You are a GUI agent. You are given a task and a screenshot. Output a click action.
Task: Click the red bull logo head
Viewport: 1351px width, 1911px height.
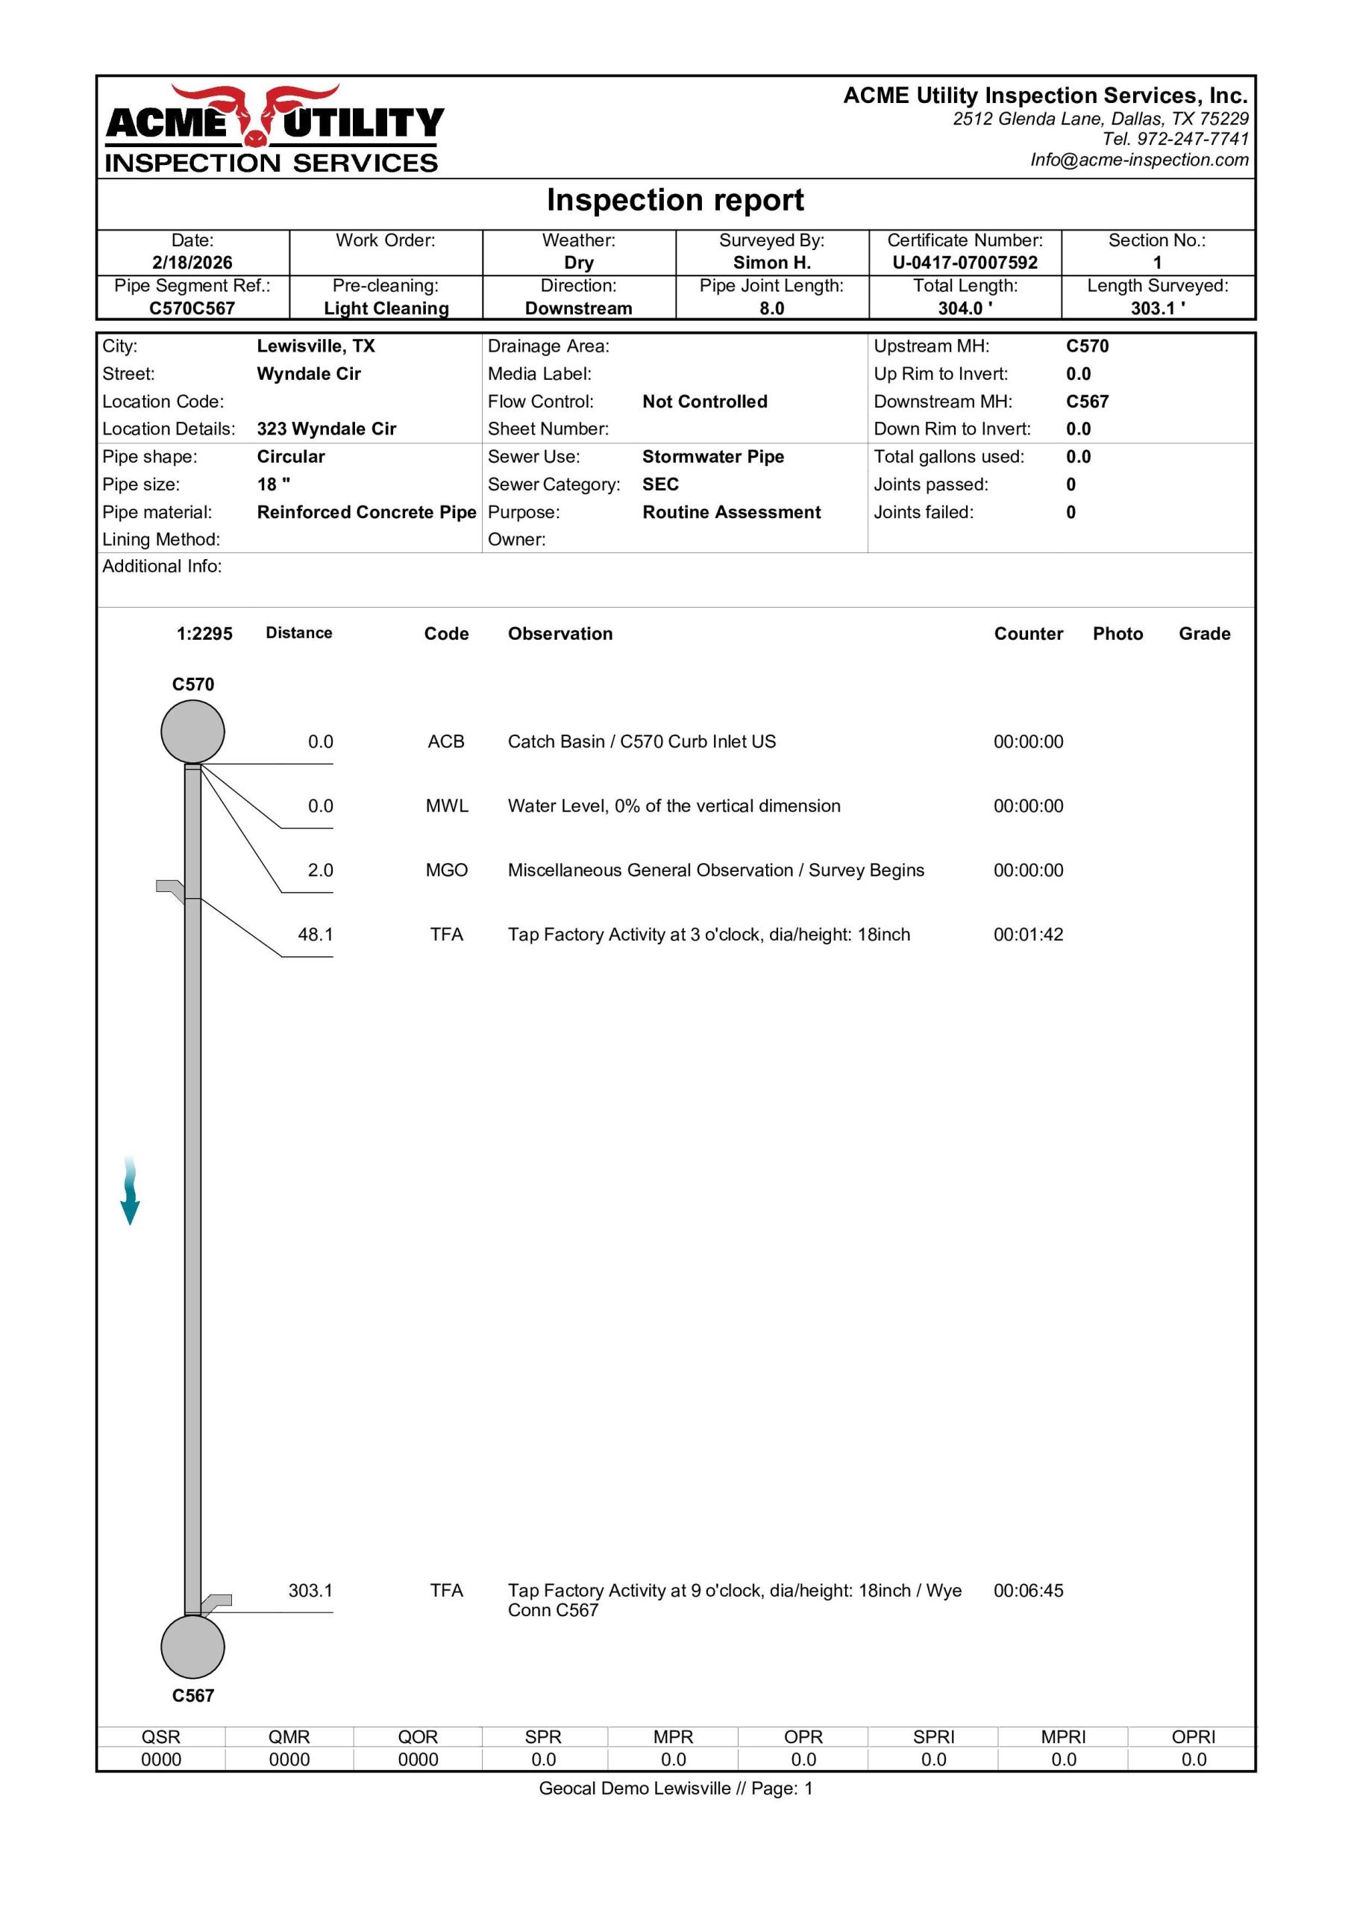click(x=254, y=116)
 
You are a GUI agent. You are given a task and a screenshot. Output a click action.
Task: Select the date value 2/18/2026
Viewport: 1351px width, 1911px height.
click(x=192, y=263)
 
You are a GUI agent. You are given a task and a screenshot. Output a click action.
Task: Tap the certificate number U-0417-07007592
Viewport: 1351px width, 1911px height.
click(x=965, y=263)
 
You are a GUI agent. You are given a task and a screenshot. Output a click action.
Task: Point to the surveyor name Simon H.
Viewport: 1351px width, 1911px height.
click(x=771, y=263)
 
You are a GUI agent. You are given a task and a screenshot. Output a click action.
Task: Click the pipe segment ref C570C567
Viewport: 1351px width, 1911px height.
click(x=192, y=309)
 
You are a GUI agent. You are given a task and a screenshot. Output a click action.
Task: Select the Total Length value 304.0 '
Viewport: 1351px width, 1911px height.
click(x=965, y=309)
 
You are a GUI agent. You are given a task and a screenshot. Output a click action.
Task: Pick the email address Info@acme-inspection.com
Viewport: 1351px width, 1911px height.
click(x=1139, y=160)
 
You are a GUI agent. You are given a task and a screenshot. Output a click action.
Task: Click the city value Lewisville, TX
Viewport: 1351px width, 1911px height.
click(x=316, y=346)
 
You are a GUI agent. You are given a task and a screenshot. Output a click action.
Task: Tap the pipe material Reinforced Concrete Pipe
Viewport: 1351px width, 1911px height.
click(x=366, y=513)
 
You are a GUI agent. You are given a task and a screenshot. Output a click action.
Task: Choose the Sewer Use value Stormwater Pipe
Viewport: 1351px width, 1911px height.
click(x=713, y=457)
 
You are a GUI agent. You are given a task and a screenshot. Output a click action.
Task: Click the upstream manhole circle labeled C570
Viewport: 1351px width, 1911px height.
click(x=192, y=732)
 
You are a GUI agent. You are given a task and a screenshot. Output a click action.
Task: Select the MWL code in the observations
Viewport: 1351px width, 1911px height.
click(x=447, y=806)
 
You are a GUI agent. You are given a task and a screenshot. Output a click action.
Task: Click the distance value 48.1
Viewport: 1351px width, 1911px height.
click(x=316, y=935)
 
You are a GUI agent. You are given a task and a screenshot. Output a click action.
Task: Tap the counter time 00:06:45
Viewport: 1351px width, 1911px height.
click(x=1028, y=1591)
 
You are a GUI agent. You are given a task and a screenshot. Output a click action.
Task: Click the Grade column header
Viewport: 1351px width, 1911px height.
click(x=1204, y=635)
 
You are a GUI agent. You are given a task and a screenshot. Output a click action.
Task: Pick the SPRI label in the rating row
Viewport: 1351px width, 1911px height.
click(x=933, y=1737)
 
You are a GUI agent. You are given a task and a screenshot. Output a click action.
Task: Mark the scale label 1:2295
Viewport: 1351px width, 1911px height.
click(x=204, y=635)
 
